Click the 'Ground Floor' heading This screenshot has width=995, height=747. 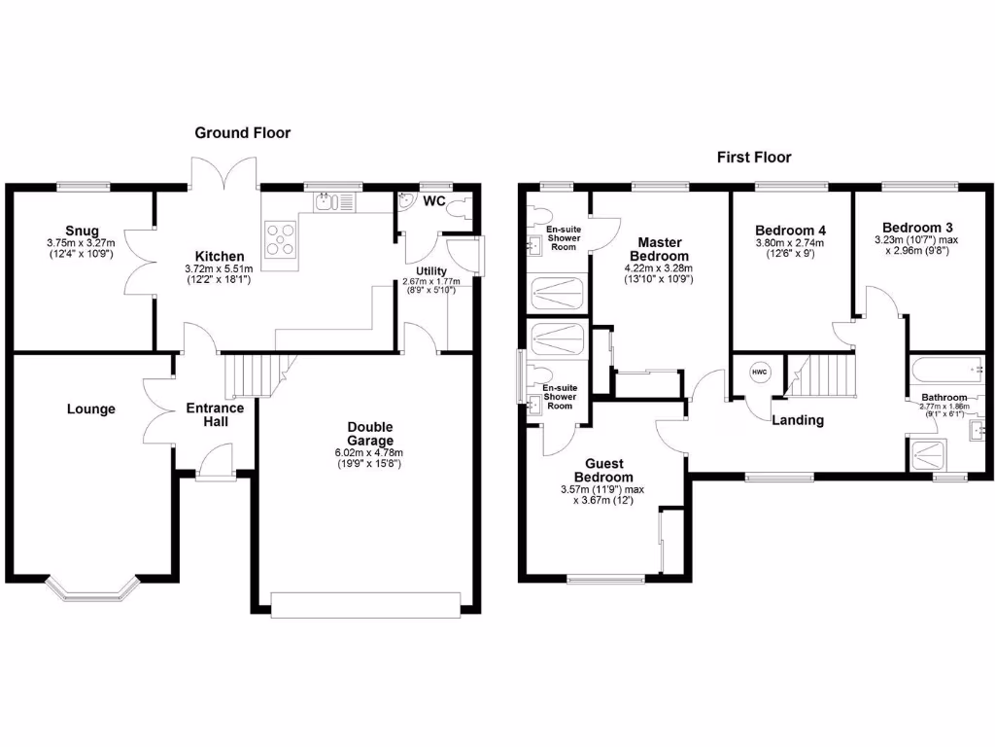pos(242,132)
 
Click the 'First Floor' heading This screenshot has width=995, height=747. pos(754,157)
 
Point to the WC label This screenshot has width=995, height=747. pos(434,201)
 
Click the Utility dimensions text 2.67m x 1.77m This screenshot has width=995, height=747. pos(429,282)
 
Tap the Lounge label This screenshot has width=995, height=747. pos(91,409)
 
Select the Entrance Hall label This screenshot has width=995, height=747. pos(215,415)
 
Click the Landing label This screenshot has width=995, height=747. pos(797,420)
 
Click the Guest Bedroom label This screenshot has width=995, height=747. pos(603,471)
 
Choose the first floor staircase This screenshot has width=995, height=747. pos(823,374)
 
